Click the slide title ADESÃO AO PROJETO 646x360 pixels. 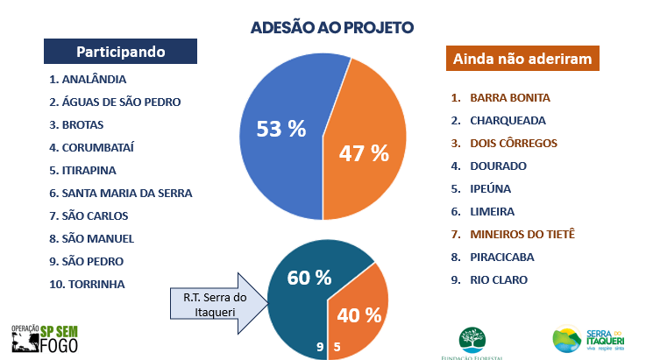tap(331, 27)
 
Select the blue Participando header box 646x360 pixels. tap(120, 51)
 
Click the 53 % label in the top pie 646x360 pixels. tap(280, 130)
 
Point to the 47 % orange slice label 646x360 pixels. tap(363, 152)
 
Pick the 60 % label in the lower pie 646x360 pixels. tap(309, 278)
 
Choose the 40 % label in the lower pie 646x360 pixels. tap(360, 314)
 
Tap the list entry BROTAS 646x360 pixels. tap(82, 124)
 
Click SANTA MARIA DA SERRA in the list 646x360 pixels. tap(126, 193)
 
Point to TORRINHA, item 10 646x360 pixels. tap(92, 284)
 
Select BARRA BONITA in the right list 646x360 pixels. tap(510, 97)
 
